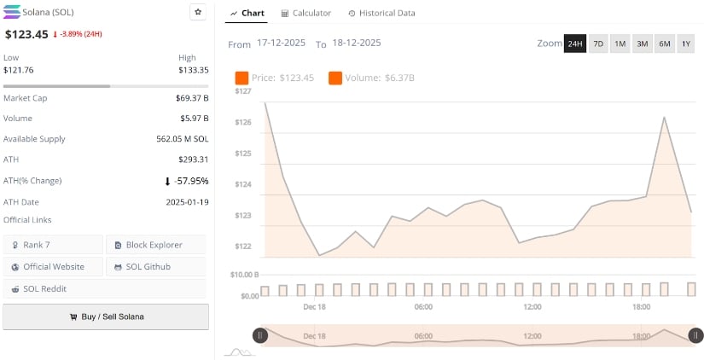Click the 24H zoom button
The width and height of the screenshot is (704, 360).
point(575,44)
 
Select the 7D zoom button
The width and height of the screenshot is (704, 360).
point(598,44)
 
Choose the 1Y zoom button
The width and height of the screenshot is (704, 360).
point(685,44)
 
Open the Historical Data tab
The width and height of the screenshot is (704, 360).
point(381,13)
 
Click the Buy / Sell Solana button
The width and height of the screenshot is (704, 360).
point(106,316)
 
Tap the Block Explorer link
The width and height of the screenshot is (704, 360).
point(155,245)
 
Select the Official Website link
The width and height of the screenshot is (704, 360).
point(53,267)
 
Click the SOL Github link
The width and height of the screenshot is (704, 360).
point(155,267)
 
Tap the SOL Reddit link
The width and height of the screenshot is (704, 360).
point(53,289)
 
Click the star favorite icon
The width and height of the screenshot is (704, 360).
point(198,12)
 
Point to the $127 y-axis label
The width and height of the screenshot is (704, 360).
point(243,90)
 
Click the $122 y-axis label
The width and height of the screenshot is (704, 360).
point(243,247)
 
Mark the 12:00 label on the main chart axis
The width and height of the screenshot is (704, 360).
point(532,306)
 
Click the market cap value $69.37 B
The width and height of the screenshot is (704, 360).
point(192,98)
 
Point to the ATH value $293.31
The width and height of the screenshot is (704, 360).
point(193,160)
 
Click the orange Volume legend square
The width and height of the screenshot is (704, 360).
point(335,78)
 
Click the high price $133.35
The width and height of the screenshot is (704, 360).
point(193,70)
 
